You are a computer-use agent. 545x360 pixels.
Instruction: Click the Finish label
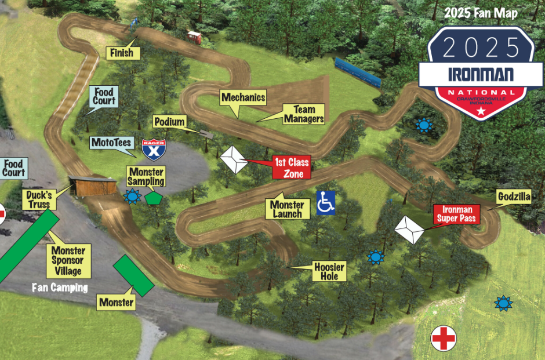[x=122, y=53]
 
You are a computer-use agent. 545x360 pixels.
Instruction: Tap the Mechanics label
[x=243, y=97]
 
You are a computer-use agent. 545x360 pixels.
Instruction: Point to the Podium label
[x=170, y=122]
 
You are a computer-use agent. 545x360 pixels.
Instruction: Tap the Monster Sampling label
[x=146, y=177]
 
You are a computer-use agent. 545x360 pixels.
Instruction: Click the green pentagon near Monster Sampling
[x=153, y=197]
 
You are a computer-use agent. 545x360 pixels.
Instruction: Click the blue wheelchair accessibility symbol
[x=326, y=203]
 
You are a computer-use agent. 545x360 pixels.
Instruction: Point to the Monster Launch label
[x=287, y=209]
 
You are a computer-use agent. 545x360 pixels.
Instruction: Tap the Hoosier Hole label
[x=329, y=271]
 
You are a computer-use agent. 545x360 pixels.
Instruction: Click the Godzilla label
[x=514, y=197]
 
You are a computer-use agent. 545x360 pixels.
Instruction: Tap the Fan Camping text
[x=60, y=288]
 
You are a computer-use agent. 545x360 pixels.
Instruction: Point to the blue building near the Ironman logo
[x=358, y=72]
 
